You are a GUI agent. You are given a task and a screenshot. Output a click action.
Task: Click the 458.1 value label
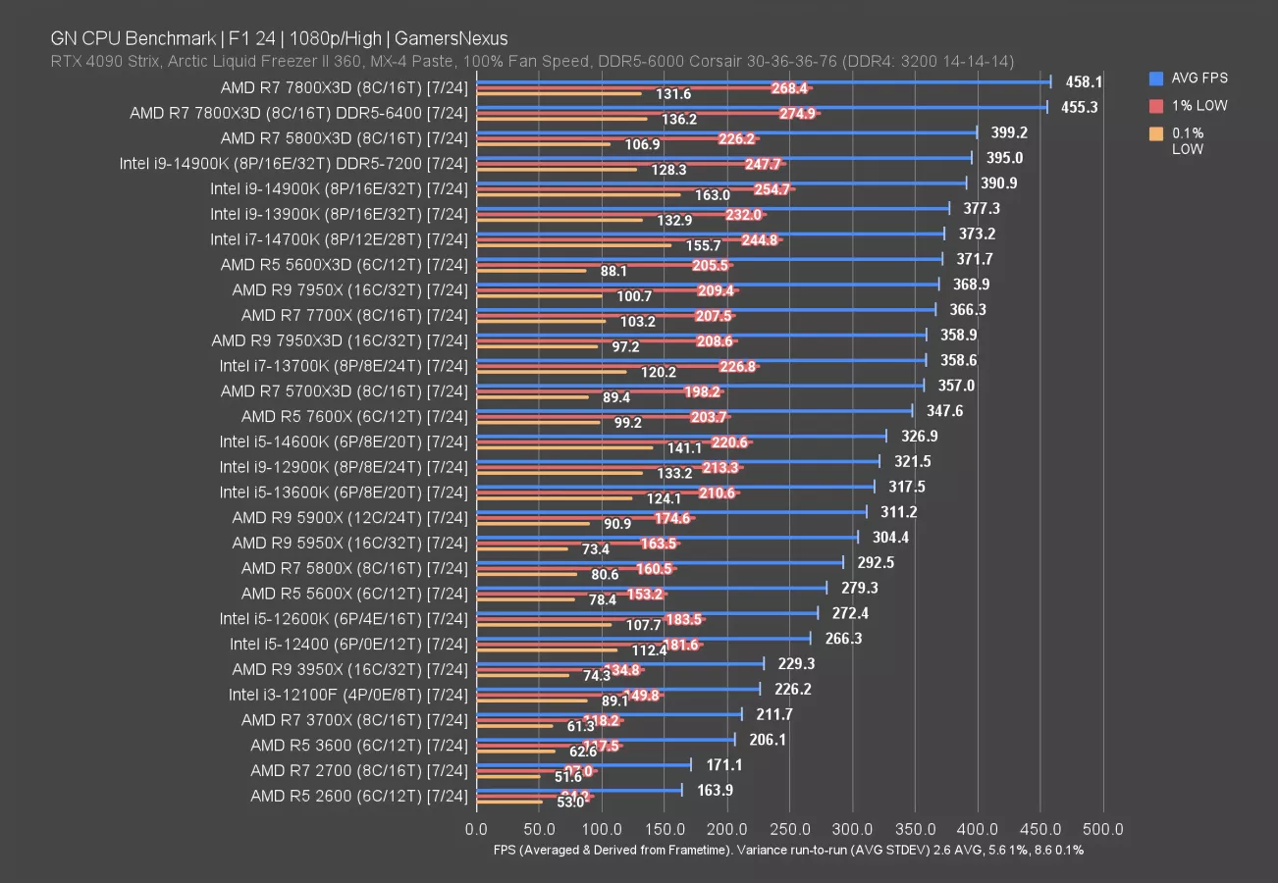(x=1085, y=82)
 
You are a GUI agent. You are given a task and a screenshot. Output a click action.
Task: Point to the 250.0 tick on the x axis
(x=790, y=830)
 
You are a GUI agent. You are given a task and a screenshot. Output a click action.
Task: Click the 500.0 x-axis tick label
(x=1104, y=830)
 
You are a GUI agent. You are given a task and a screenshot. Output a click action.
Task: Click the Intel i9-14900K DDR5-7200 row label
(x=293, y=163)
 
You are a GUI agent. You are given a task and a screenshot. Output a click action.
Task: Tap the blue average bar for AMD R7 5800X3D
(x=726, y=132)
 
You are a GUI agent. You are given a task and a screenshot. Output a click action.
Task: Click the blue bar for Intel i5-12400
(x=643, y=638)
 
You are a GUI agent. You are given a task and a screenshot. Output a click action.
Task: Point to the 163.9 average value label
(x=715, y=790)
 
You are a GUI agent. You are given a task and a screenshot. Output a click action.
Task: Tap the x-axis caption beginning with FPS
(x=788, y=850)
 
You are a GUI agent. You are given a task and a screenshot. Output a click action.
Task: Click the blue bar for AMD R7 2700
(x=583, y=764)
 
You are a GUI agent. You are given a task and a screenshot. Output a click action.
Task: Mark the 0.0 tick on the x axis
(x=476, y=830)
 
